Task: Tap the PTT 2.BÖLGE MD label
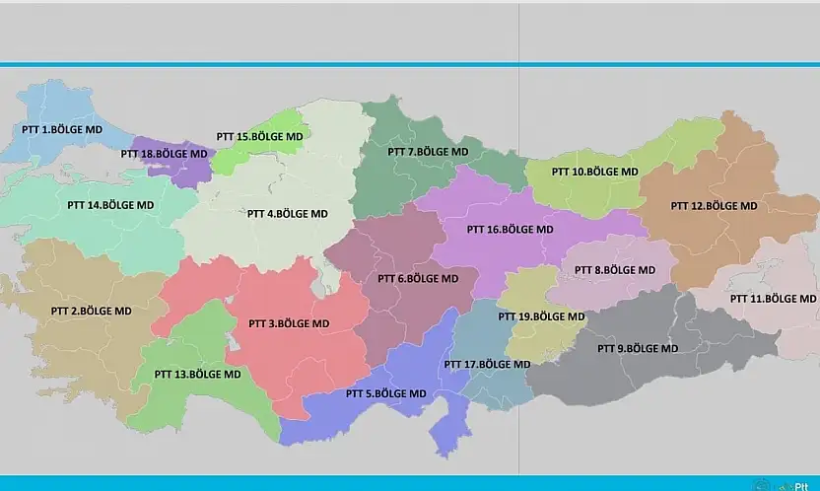pyautogui.click(x=91, y=311)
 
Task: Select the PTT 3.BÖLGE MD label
pyautogui.click(x=289, y=323)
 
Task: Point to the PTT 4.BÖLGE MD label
pyautogui.click(x=287, y=213)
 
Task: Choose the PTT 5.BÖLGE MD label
pyautogui.click(x=386, y=393)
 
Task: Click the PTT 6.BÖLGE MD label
pyautogui.click(x=418, y=278)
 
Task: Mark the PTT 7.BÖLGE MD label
pyautogui.click(x=428, y=152)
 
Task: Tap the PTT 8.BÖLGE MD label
pyautogui.click(x=614, y=269)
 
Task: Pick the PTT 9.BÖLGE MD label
pyautogui.click(x=638, y=348)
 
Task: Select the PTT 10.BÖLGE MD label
pyautogui.click(x=594, y=172)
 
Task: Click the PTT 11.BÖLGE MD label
pyautogui.click(x=773, y=298)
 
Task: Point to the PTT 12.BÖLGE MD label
pyautogui.click(x=714, y=206)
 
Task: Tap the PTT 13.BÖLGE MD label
pyautogui.click(x=197, y=375)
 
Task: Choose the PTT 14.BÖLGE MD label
pyautogui.click(x=110, y=205)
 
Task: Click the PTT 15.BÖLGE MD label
pyautogui.click(x=260, y=136)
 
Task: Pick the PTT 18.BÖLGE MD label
pyautogui.click(x=165, y=154)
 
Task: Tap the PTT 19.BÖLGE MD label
pyautogui.click(x=541, y=316)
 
